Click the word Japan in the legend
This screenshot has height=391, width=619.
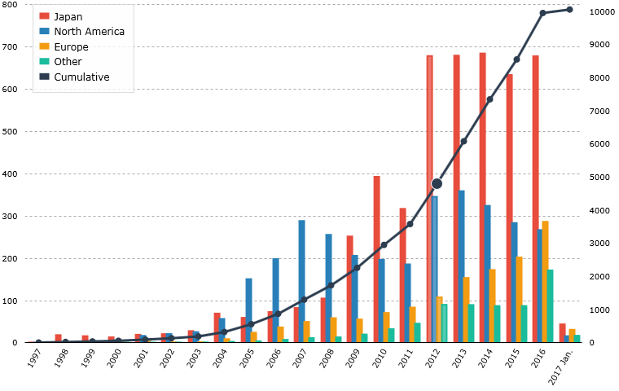(68, 16)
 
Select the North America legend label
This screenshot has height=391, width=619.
(89, 32)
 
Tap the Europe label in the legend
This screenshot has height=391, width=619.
(71, 47)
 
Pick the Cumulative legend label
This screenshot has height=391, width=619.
(81, 77)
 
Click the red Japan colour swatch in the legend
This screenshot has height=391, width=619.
(45, 16)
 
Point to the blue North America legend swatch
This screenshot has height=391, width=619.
(45, 32)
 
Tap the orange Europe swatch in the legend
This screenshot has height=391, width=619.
(45, 47)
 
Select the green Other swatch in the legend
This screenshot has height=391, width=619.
(45, 62)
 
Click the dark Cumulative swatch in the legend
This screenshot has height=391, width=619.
(45, 77)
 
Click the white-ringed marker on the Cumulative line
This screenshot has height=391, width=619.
(437, 183)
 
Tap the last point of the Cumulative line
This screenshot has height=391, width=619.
(569, 10)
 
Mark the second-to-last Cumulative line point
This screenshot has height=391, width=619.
(542, 13)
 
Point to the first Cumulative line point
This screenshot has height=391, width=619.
(38, 342)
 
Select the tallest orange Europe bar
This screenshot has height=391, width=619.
(545, 281)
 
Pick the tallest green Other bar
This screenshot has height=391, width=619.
(551, 305)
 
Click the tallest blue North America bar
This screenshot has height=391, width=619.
(302, 280)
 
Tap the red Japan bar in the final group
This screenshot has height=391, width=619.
(562, 332)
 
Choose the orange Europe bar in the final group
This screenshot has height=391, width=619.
(572, 335)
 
